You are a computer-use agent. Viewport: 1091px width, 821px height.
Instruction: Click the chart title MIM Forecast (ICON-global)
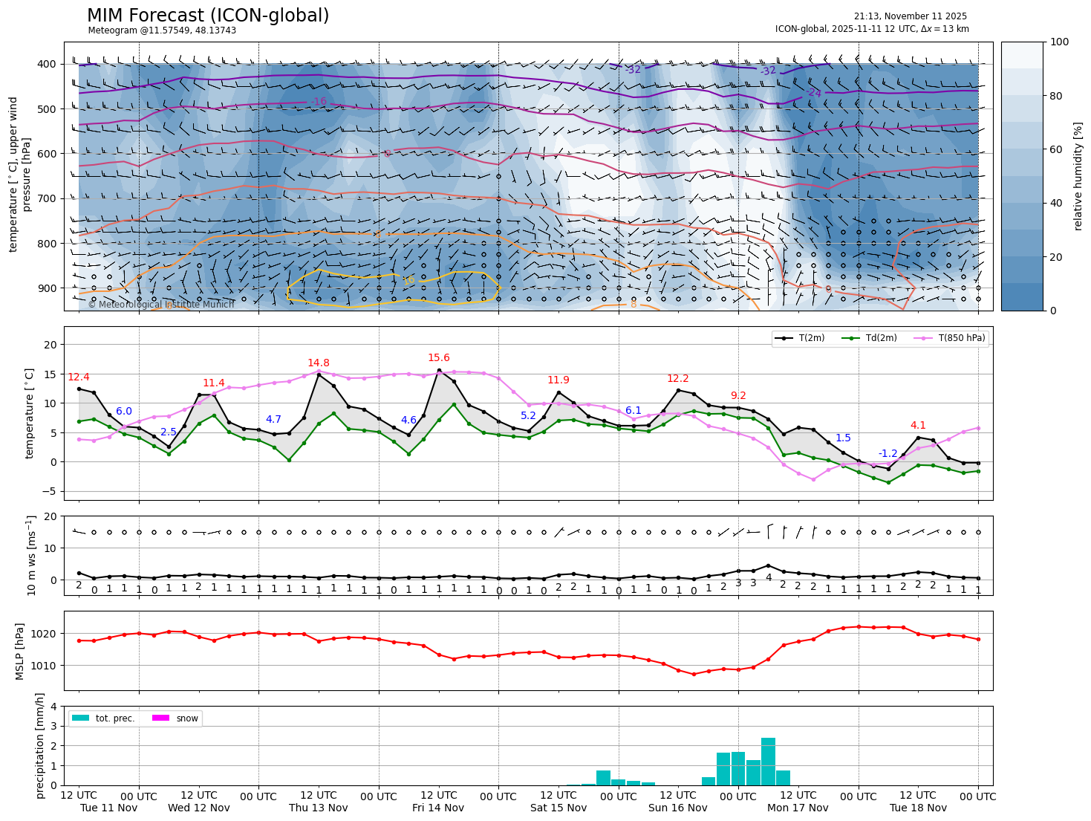click(x=208, y=16)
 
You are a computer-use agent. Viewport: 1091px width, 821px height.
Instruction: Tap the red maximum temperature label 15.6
click(x=439, y=358)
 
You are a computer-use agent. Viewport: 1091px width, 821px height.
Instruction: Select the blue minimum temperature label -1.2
click(x=888, y=453)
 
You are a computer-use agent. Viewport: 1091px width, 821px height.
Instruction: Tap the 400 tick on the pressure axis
click(x=47, y=64)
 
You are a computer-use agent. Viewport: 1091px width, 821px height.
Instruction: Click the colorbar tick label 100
click(x=1060, y=42)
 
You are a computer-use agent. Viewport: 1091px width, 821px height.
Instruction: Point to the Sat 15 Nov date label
click(x=558, y=808)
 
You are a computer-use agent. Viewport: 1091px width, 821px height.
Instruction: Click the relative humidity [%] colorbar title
click(x=1078, y=176)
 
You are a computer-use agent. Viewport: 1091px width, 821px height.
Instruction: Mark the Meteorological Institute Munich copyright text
click(x=161, y=305)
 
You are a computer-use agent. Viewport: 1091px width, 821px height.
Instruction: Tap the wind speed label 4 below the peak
click(x=769, y=577)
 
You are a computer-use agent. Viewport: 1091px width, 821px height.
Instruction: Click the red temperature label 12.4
click(x=78, y=377)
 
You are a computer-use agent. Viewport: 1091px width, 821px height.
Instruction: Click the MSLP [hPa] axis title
click(x=21, y=651)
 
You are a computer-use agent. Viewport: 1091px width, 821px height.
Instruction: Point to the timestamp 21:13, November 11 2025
click(x=910, y=16)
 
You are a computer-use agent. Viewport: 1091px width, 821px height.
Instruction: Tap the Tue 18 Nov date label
click(x=918, y=808)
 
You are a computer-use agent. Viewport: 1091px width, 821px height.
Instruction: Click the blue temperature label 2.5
click(x=169, y=432)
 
